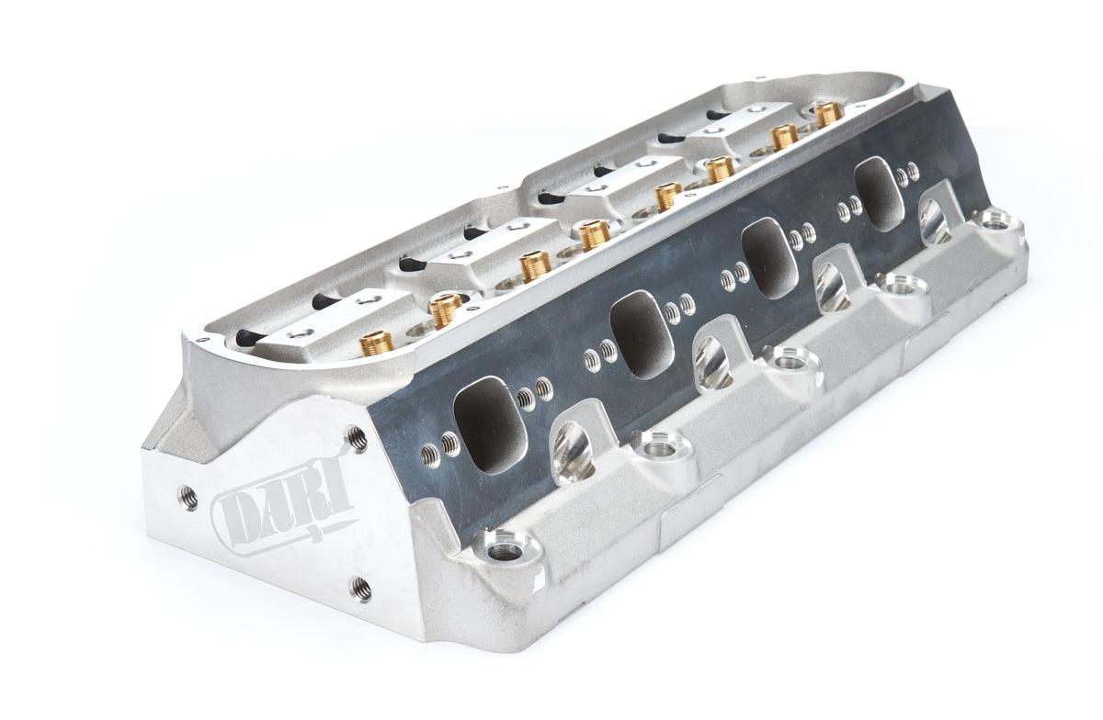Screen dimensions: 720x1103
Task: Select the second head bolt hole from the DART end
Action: (660, 447)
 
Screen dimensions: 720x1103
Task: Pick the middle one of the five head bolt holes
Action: (788, 362)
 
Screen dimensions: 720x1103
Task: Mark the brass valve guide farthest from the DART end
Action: (827, 112)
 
